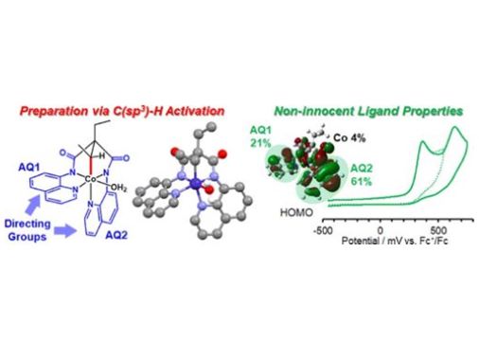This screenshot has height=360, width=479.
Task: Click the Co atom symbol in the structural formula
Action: point(89,178)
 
